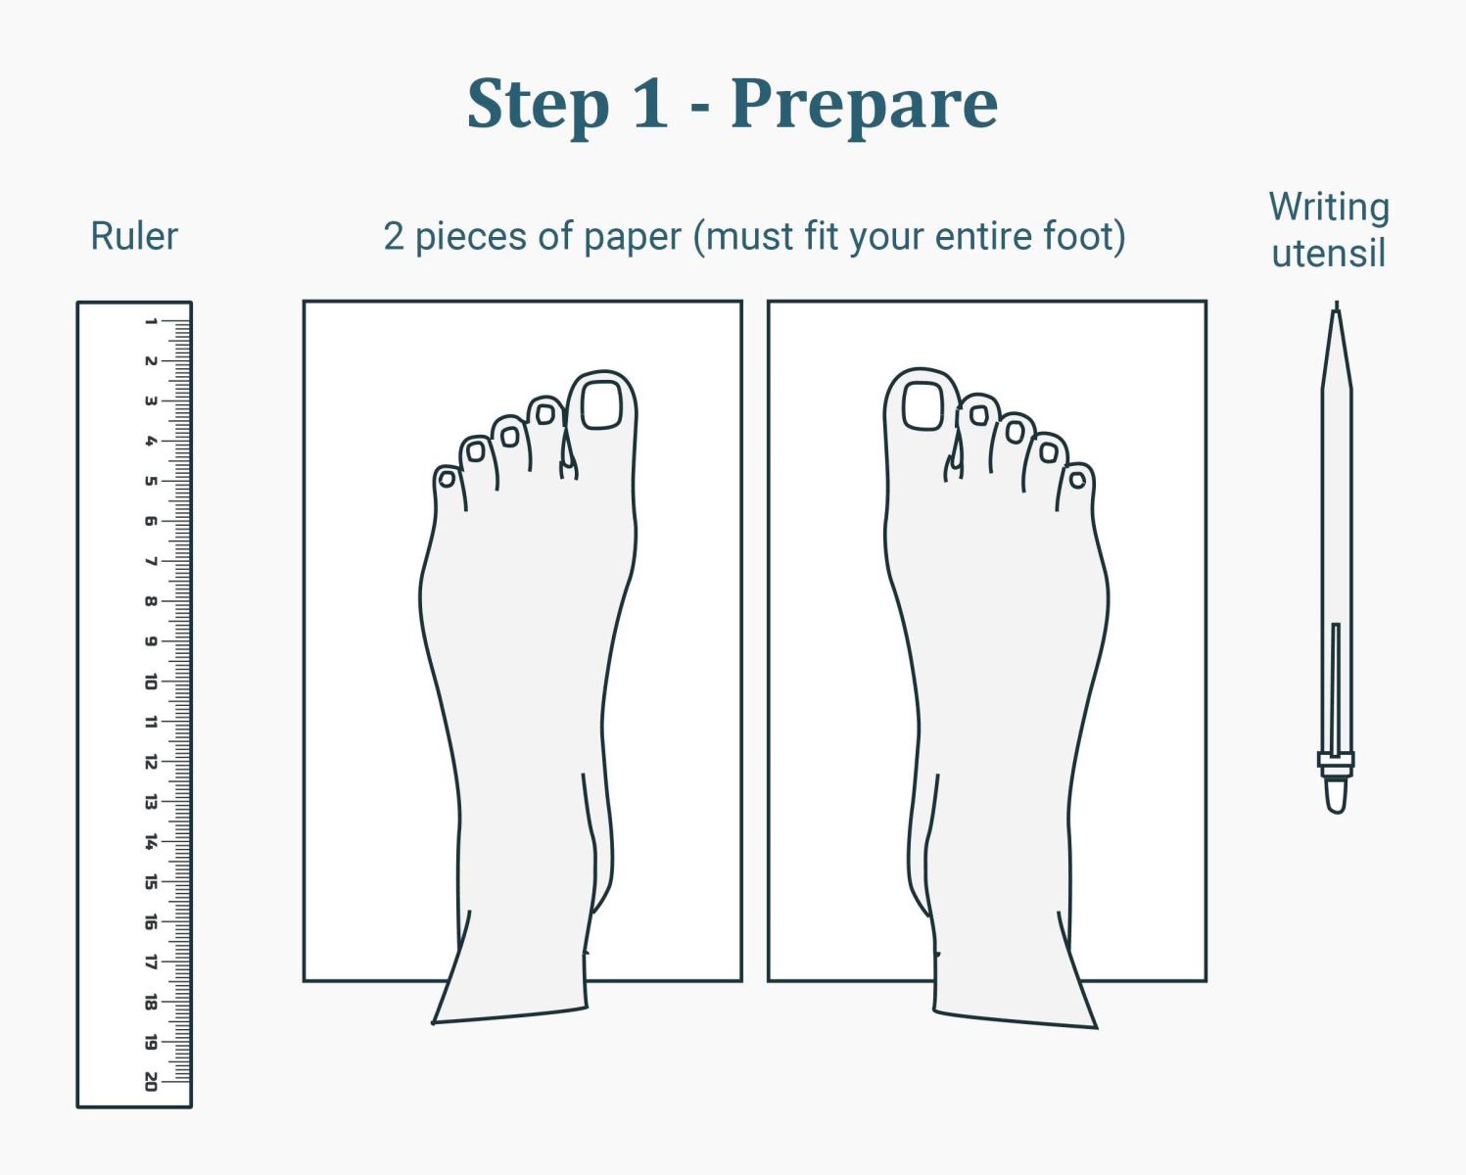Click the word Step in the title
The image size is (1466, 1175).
(538, 104)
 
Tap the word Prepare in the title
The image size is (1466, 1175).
(864, 104)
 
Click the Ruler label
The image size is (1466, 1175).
(134, 236)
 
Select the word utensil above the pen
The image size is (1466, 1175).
(1328, 253)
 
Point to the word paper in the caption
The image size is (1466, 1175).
(633, 238)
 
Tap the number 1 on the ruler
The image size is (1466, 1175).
(151, 321)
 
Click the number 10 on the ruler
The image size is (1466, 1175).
(151, 681)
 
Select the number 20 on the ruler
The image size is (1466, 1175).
(151, 1081)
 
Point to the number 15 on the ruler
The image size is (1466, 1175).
(151, 881)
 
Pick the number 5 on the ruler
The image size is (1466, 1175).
(151, 481)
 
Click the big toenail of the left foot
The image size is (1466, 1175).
(601, 404)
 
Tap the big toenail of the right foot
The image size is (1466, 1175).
(922, 406)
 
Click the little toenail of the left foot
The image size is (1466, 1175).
(447, 480)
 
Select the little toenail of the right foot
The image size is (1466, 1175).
(1077, 480)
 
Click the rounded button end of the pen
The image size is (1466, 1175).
(1336, 796)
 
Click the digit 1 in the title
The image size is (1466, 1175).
(650, 104)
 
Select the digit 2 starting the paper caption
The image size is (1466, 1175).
(394, 236)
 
